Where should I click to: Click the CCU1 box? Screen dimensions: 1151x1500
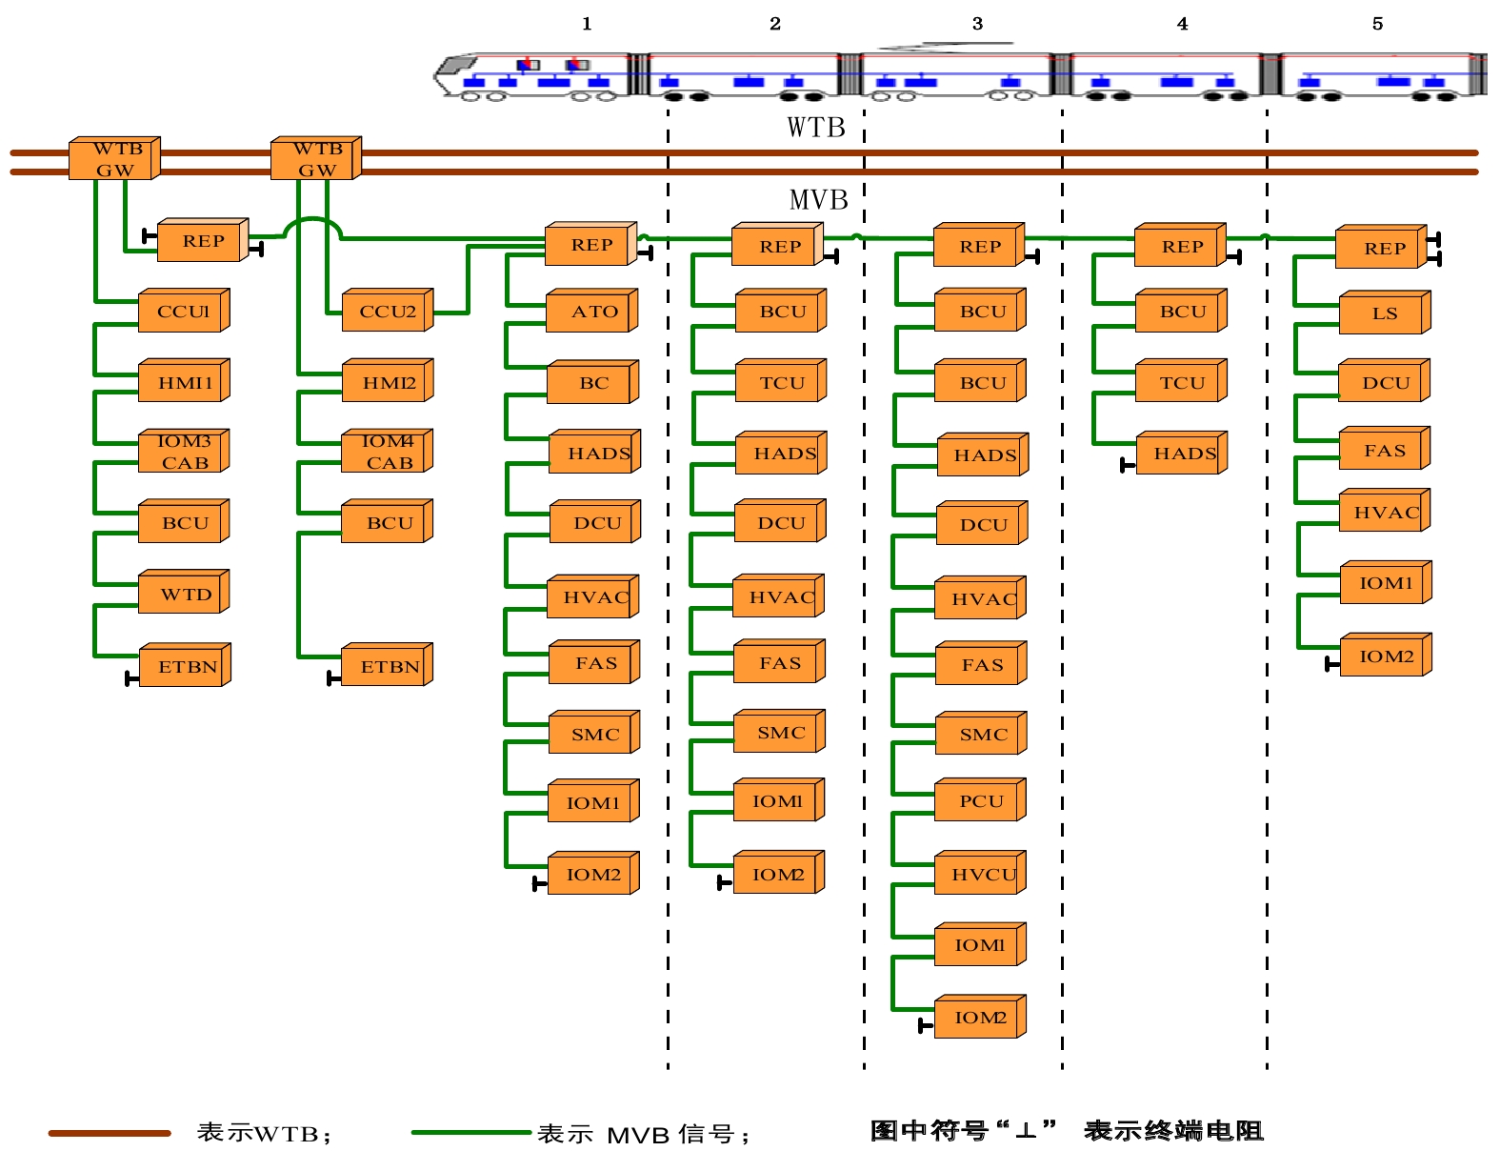184,311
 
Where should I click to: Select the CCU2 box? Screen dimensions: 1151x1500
388,311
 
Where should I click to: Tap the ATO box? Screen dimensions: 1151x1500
592,311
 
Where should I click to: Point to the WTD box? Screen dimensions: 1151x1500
184,594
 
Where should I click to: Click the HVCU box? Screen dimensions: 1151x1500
981,874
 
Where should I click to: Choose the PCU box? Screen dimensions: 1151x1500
981,801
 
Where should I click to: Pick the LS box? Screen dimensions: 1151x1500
1385,313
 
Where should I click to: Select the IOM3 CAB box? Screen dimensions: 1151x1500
184,452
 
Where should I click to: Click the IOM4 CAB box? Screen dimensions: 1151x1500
388,452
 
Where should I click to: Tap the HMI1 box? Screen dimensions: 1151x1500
184,382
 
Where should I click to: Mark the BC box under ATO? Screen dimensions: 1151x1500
592,382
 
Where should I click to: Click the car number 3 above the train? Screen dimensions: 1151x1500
977,24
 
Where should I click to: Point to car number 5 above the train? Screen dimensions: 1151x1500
1377,24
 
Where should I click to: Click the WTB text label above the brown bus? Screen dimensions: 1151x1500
816,128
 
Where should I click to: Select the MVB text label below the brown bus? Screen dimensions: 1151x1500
818,200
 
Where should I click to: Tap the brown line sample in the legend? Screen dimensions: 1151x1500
110,1133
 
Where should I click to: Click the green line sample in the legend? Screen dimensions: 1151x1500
470,1133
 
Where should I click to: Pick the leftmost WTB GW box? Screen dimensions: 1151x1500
114,159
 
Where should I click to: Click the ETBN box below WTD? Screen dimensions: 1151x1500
186,666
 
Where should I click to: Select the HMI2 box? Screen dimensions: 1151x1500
388,382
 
